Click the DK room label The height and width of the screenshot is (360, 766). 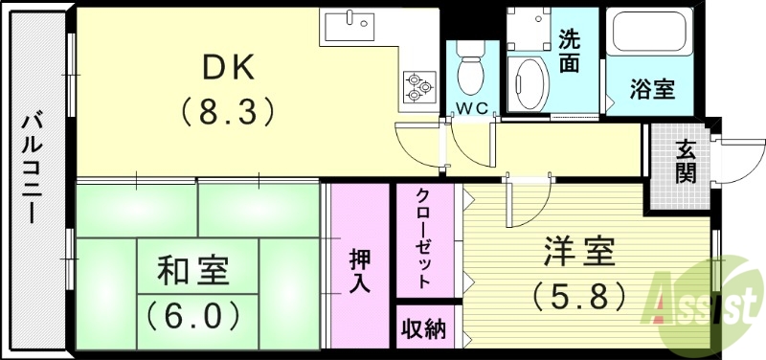click(x=229, y=66)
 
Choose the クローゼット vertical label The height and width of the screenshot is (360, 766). click(x=423, y=237)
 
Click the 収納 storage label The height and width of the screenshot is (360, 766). click(x=422, y=329)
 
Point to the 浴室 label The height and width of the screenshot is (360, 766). click(x=652, y=89)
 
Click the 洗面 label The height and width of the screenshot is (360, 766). click(x=570, y=52)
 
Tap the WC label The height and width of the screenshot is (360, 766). click(x=471, y=107)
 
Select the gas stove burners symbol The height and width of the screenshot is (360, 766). click(x=417, y=85)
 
